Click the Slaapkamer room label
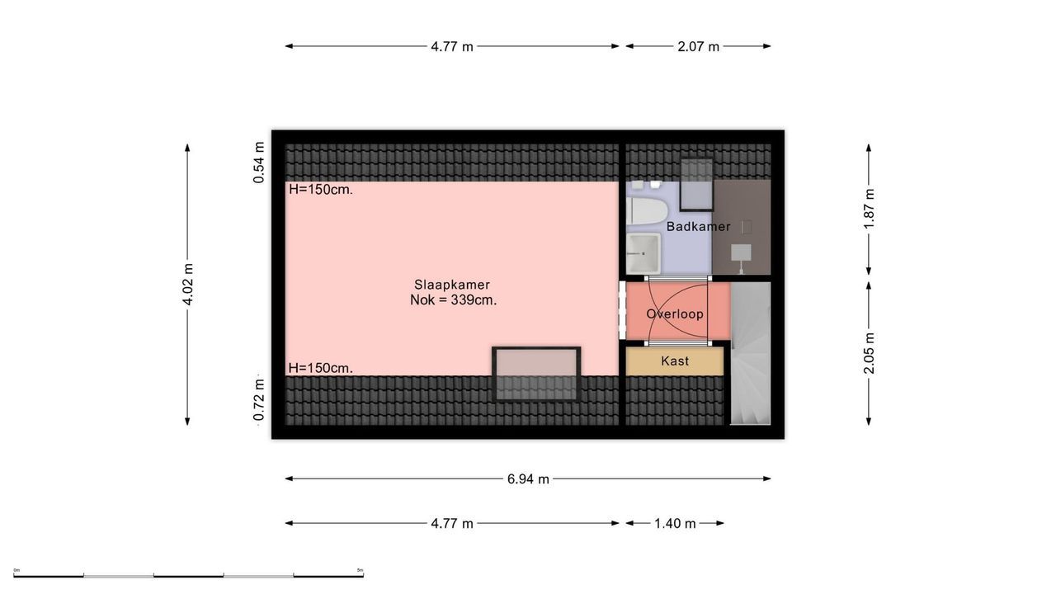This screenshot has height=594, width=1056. [452, 285]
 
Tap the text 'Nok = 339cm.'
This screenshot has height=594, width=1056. [453, 300]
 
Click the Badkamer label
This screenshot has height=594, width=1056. [698, 226]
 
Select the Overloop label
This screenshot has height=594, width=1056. [675, 313]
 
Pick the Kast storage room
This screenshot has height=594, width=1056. [675, 361]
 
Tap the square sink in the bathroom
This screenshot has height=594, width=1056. [643, 252]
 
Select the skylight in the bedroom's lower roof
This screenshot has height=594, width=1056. [536, 373]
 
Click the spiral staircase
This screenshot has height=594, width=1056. [750, 355]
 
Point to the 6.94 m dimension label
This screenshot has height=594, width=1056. [528, 478]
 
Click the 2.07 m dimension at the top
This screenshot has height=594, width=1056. [698, 46]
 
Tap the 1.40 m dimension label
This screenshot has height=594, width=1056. [675, 523]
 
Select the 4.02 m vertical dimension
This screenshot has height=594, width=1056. [188, 285]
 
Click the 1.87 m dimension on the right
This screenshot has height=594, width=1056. [869, 209]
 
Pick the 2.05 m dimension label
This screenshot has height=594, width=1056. [869, 353]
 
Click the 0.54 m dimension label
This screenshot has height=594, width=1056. [259, 168]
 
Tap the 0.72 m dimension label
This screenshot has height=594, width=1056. [259, 399]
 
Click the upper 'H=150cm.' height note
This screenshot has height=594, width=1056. [321, 189]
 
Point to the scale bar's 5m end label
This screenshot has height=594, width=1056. [360, 570]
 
